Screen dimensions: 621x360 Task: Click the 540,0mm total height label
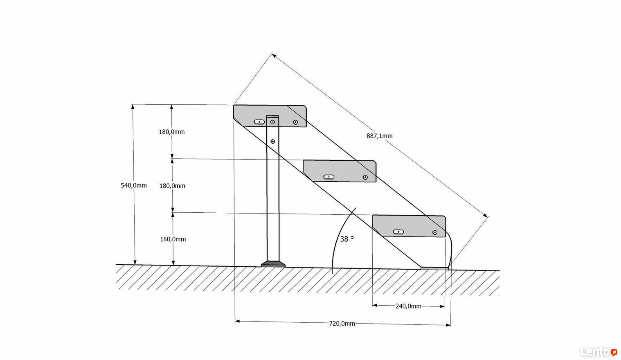134,185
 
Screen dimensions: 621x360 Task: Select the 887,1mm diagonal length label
380,136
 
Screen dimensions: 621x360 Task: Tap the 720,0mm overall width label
342,324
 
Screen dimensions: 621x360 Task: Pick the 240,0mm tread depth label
408,306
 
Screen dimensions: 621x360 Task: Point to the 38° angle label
347,239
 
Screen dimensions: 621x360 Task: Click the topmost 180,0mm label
171,132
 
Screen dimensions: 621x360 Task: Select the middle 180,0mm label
172,186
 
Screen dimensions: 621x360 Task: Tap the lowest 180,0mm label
173,239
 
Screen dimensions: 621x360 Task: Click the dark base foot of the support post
273,264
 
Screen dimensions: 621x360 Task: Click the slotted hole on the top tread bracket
259,122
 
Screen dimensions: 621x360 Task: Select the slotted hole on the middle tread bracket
329,177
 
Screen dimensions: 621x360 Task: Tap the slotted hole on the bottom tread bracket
398,232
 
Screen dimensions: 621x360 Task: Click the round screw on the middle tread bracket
365,178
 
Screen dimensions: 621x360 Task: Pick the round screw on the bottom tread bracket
435,232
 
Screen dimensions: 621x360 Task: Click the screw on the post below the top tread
273,141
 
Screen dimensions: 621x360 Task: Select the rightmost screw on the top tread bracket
295,122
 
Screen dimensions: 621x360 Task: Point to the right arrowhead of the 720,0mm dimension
448,325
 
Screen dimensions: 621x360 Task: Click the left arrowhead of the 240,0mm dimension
375,306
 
